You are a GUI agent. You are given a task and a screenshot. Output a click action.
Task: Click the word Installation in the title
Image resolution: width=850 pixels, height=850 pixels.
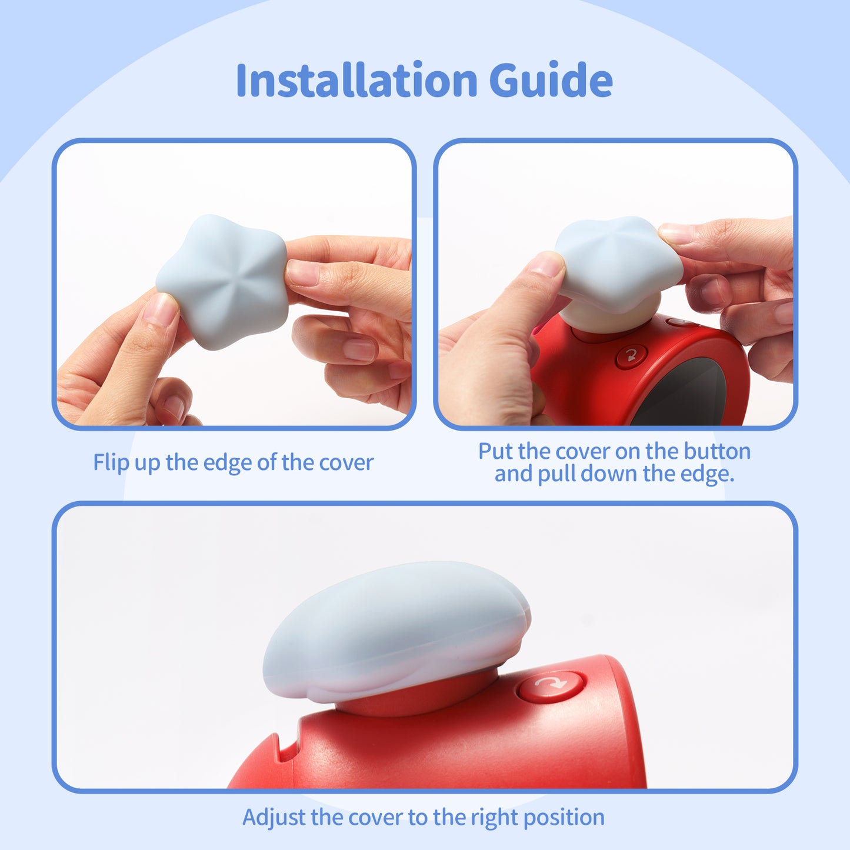(x=356, y=81)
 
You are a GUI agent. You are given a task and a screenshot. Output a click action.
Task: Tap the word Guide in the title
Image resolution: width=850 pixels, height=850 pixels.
(x=551, y=81)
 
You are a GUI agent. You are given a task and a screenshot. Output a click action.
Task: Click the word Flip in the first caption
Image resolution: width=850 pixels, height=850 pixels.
(x=111, y=463)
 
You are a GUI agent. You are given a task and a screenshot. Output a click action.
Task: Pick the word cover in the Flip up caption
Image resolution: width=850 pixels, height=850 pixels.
(x=346, y=463)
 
